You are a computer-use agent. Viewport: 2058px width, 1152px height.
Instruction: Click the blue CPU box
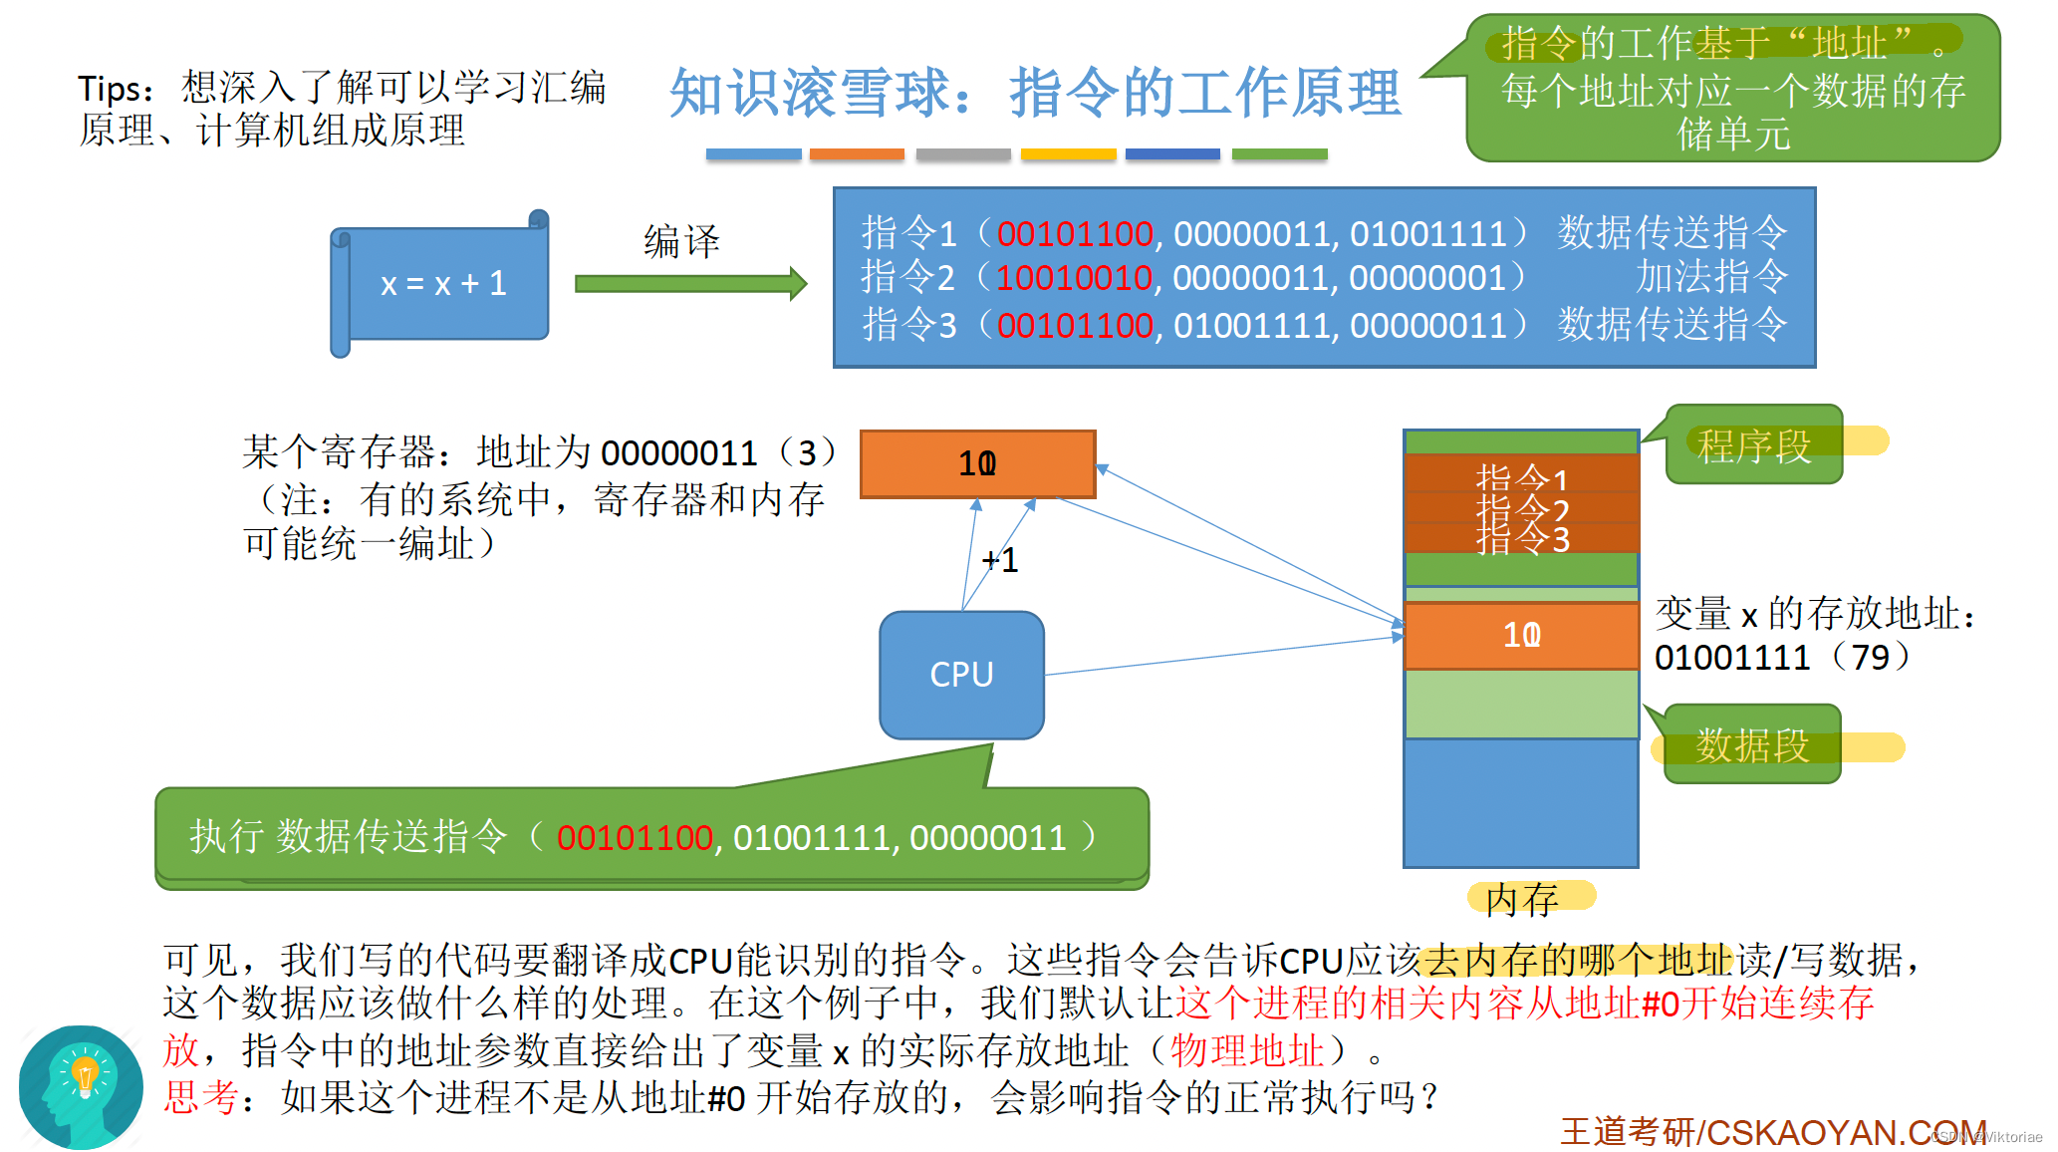coord(961,675)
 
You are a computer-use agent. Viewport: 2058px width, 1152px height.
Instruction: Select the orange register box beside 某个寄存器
coord(977,463)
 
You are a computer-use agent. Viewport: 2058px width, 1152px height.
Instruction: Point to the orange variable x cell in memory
coord(1521,635)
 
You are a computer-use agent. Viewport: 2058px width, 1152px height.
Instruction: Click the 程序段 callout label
coord(1754,445)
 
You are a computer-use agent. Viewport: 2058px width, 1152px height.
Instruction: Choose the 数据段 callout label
coord(1752,744)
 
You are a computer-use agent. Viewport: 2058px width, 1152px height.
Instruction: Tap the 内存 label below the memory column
coord(1521,900)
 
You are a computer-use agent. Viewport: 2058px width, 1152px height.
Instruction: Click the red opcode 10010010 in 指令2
coord(1074,278)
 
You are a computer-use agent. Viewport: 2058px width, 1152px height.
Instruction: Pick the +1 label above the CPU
coord(1000,560)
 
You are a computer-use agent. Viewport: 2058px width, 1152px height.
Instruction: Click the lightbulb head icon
coord(82,1086)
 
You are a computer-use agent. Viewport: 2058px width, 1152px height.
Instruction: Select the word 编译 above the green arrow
coord(681,241)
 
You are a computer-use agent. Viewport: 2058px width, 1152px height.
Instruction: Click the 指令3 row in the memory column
coord(1521,540)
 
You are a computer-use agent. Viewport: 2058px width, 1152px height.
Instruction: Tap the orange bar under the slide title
coord(857,154)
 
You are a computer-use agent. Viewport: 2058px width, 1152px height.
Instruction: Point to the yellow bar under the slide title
coord(1068,154)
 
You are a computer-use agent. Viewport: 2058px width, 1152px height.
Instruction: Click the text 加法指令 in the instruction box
coord(1711,277)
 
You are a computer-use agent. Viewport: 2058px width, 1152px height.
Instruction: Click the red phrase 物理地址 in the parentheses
coord(1247,1050)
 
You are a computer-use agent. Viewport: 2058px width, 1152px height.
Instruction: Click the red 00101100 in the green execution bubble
coord(635,838)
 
